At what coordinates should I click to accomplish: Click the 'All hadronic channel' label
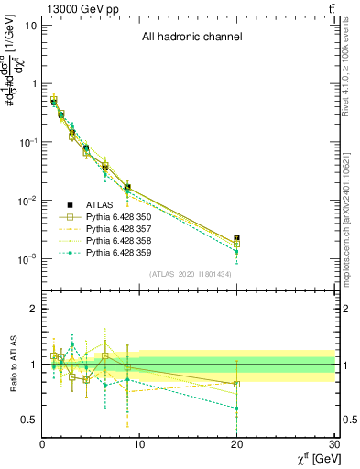coord(191,38)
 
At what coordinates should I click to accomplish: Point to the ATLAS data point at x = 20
coord(237,238)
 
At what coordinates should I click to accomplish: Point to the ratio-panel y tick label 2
coord(33,309)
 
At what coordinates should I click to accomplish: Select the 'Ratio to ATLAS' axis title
coord(11,365)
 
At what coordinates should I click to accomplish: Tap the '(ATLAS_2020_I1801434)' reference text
coord(191,274)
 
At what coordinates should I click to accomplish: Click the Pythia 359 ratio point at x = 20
coord(237,408)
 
